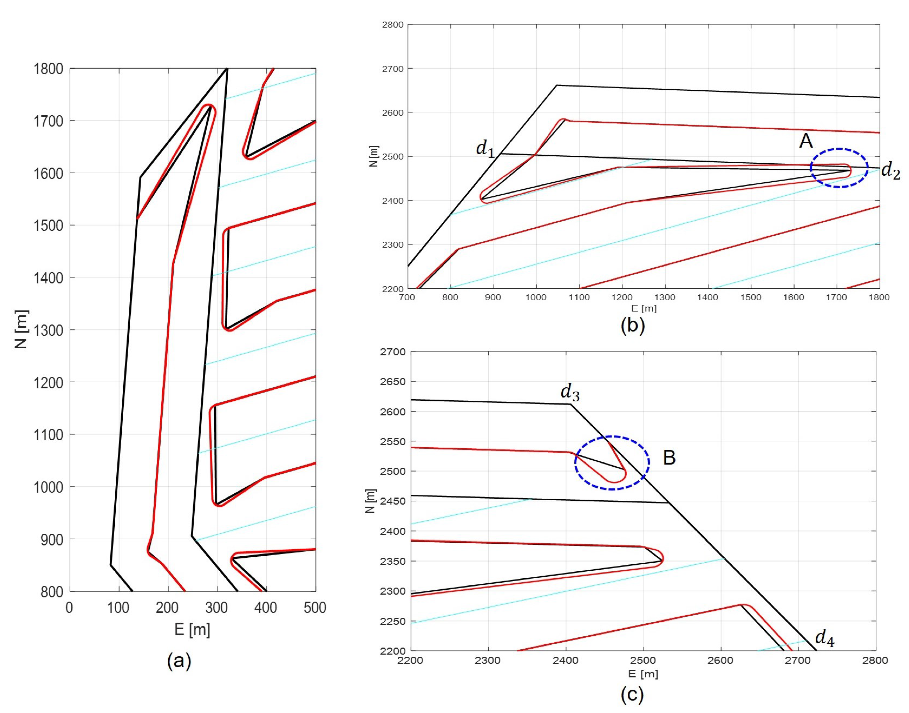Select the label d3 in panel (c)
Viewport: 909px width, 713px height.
[570, 393]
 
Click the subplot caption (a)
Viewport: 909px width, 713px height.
[179, 661]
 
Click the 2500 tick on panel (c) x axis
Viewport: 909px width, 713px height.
[643, 660]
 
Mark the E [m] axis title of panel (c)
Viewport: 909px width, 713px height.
[643, 673]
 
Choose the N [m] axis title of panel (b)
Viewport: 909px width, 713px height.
[374, 157]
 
